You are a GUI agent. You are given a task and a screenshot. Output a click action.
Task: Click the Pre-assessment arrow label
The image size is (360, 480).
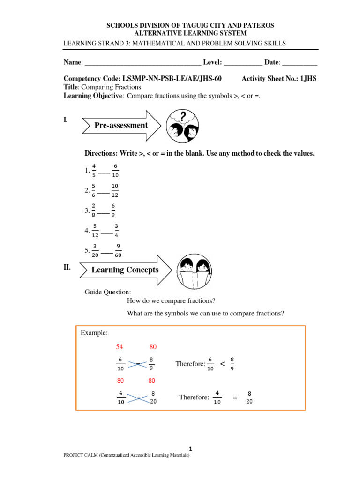[x=121, y=125]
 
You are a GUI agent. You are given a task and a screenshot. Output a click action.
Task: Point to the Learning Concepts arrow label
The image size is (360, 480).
[x=125, y=270]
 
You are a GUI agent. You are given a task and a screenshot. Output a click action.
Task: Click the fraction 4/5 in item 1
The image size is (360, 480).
[x=94, y=170]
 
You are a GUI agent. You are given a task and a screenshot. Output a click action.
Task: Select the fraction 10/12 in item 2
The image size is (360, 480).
[x=115, y=190]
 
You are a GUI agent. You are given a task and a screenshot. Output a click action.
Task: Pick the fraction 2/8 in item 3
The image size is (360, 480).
[x=94, y=210]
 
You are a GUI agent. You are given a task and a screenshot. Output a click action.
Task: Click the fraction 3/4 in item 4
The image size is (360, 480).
[x=116, y=231]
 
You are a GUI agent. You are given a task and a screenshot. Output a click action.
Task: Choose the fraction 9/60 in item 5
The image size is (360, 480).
[x=118, y=251]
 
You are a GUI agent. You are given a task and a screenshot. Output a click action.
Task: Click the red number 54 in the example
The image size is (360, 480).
[x=120, y=347]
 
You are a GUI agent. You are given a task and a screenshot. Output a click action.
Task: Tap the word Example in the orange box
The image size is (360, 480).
[x=94, y=333]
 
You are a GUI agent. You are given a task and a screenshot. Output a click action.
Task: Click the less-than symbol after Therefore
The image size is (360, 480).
[x=222, y=364]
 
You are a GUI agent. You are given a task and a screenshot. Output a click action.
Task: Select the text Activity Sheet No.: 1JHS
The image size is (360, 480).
[x=279, y=79]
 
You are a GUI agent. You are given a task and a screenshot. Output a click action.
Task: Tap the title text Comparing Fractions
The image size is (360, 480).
[x=111, y=87]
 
